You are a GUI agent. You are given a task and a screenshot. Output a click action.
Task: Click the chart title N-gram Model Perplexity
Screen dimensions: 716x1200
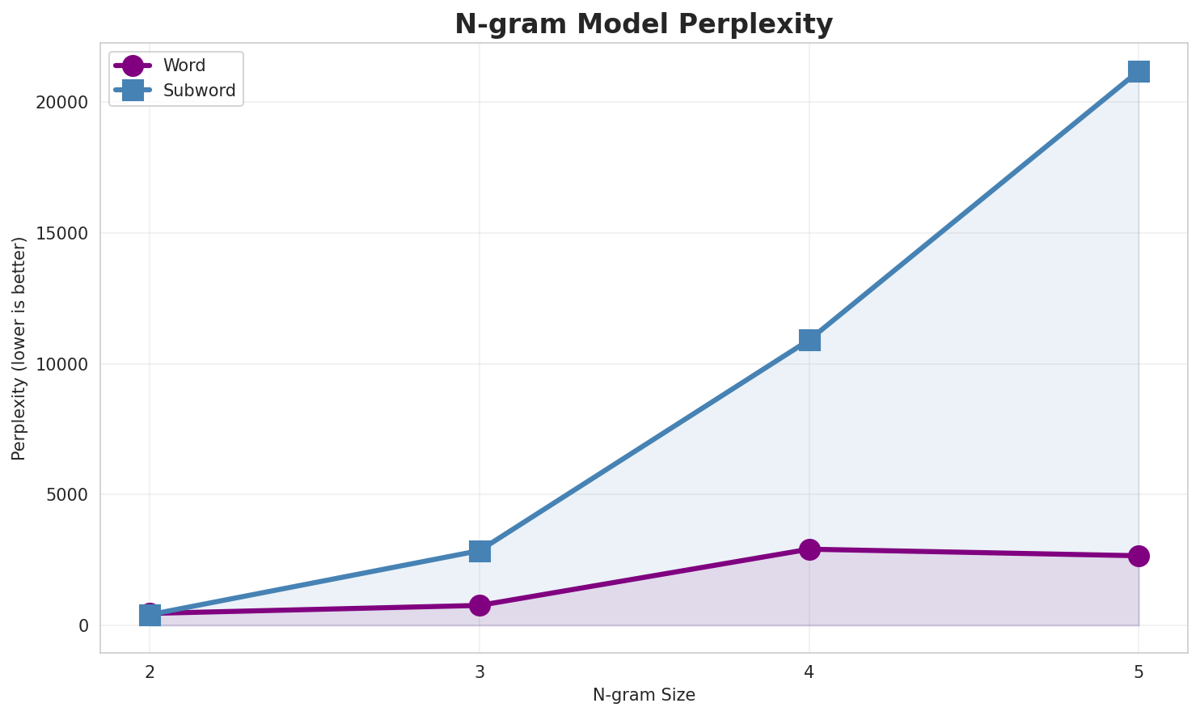tap(643, 24)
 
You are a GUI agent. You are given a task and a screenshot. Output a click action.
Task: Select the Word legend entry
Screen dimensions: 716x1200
tap(184, 66)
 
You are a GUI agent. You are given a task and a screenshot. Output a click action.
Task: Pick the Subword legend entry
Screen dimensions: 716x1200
tap(199, 91)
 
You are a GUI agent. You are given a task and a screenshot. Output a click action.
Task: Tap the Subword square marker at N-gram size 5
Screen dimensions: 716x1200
tap(1139, 71)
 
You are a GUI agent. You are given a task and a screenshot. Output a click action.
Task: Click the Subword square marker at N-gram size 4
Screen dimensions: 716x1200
tap(809, 340)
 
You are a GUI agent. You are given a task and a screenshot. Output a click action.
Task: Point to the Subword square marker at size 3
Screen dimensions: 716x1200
tap(480, 551)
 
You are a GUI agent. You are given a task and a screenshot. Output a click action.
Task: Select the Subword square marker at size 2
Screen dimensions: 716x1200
tap(150, 616)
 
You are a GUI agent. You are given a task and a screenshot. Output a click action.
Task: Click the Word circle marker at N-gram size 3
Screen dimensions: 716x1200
tap(480, 605)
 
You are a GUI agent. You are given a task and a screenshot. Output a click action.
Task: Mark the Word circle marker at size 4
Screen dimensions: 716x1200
tap(809, 549)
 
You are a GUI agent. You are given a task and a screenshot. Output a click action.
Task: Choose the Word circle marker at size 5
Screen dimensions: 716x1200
tap(1139, 556)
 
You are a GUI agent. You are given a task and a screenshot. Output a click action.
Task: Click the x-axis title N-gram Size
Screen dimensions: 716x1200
tap(644, 695)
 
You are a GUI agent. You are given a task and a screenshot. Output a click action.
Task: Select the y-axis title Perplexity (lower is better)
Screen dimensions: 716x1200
tap(19, 348)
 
